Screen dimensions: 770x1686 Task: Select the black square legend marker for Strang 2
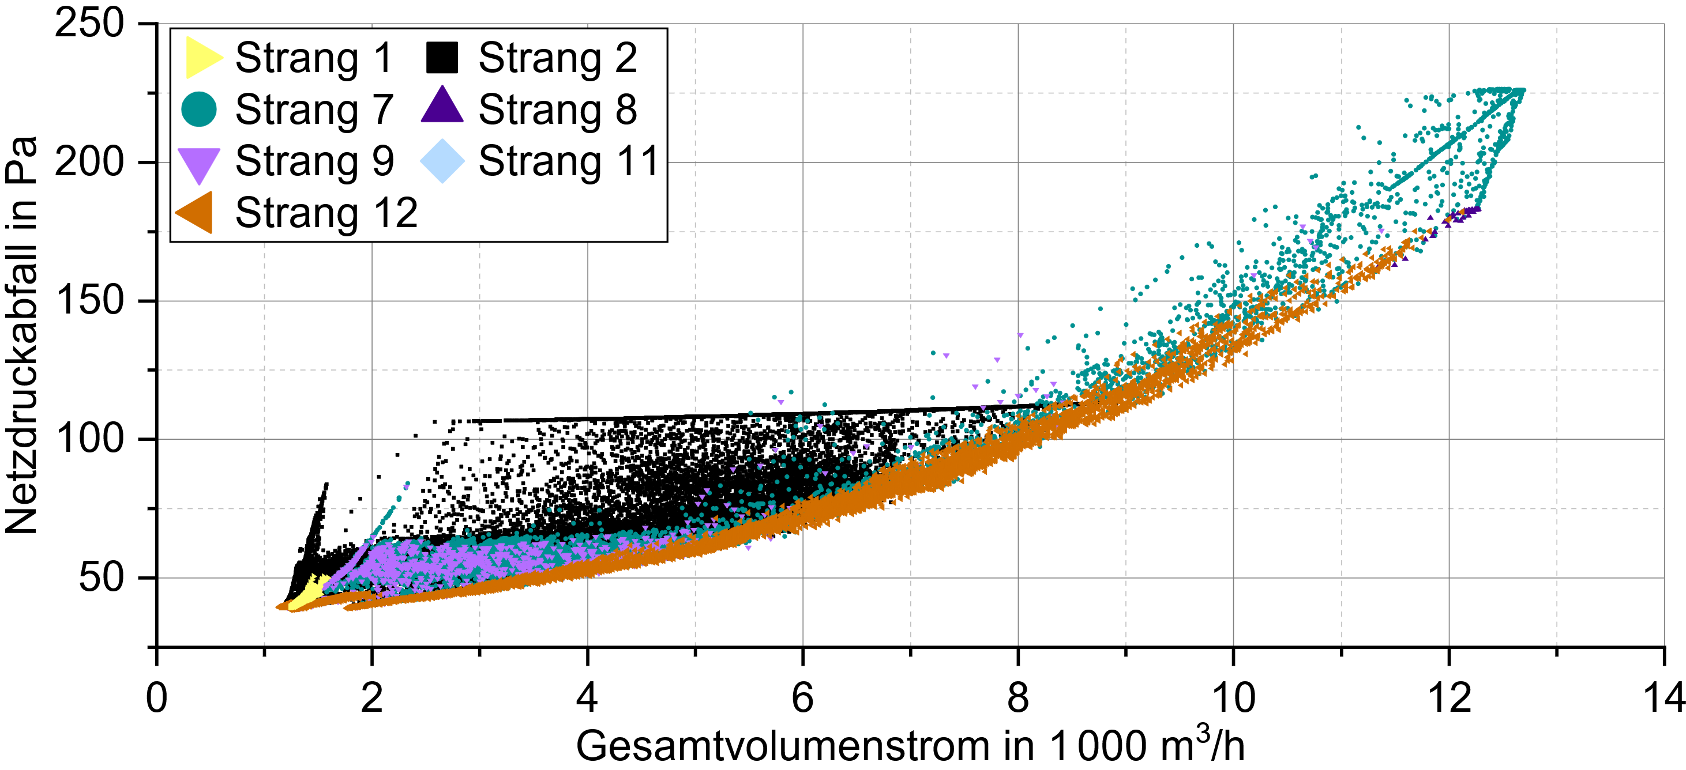(x=442, y=58)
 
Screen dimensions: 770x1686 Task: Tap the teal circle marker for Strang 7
(x=199, y=110)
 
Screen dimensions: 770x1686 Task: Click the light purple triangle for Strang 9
(x=199, y=164)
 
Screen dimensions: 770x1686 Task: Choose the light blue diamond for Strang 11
(x=442, y=161)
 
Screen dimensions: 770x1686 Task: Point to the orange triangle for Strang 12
(x=196, y=213)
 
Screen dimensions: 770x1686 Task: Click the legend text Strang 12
(x=326, y=213)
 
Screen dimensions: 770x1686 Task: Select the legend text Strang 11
(x=568, y=161)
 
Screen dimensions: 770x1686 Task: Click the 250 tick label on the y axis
(x=89, y=24)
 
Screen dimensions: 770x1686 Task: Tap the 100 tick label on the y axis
(x=89, y=439)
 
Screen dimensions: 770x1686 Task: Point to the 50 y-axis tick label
(x=101, y=577)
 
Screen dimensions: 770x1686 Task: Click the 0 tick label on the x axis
(x=156, y=697)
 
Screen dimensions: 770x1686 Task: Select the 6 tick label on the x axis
(x=802, y=697)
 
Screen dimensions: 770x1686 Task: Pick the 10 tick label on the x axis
(x=1233, y=697)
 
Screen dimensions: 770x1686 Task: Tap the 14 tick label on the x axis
(x=1663, y=697)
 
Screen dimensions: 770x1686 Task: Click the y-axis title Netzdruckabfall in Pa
(x=21, y=335)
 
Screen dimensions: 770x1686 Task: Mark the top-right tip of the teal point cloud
(x=1522, y=90)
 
